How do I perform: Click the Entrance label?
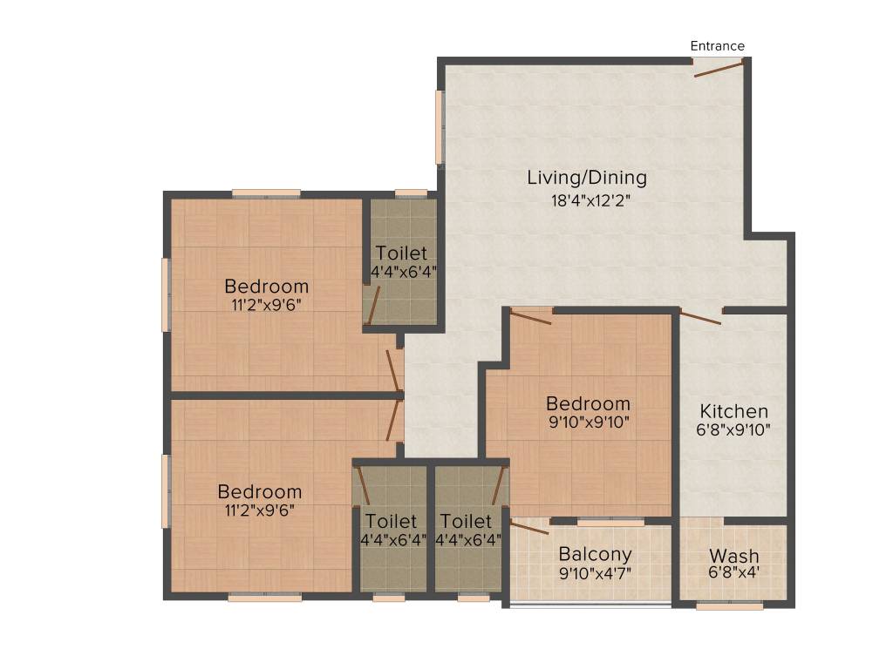(x=717, y=46)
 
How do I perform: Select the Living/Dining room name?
(x=587, y=178)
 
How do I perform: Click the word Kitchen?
(x=734, y=411)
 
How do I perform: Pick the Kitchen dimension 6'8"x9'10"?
(x=734, y=429)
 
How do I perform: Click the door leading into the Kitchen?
(x=700, y=317)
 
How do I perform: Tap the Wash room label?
(x=733, y=556)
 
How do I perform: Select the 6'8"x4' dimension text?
(x=733, y=573)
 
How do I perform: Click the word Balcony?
(x=595, y=554)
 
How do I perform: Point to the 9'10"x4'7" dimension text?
(x=595, y=572)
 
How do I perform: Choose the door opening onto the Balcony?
(x=529, y=526)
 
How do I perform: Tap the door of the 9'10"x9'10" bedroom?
(x=531, y=316)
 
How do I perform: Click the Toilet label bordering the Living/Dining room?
(x=401, y=253)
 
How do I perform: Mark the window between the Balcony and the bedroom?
(x=610, y=522)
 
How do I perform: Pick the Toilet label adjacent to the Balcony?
(x=466, y=521)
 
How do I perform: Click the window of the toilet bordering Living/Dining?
(x=411, y=193)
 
